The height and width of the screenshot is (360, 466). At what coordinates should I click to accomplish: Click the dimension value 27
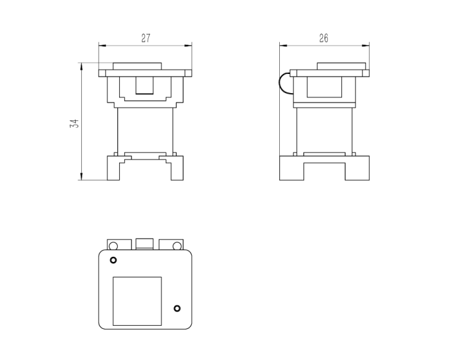(146, 38)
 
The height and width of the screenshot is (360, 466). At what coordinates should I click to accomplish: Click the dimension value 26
(324, 38)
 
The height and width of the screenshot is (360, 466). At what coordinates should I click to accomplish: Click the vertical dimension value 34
(74, 124)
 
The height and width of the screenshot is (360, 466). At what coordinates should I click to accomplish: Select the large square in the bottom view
(137, 301)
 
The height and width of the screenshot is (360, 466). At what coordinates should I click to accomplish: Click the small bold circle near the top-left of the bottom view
(113, 260)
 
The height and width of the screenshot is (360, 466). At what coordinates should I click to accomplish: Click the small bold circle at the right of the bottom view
(177, 308)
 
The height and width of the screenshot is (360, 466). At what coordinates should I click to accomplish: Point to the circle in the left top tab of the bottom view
(113, 246)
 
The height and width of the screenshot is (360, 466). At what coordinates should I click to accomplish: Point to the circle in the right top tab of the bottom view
(177, 246)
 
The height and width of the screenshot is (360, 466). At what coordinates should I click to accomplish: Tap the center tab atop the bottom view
(145, 244)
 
